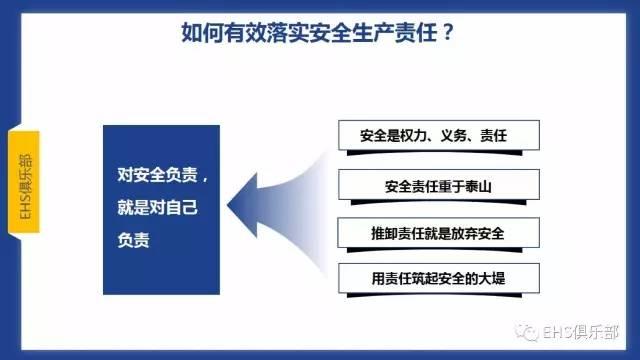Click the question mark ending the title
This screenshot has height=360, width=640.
[449, 32]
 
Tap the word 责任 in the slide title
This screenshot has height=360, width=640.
[413, 32]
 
